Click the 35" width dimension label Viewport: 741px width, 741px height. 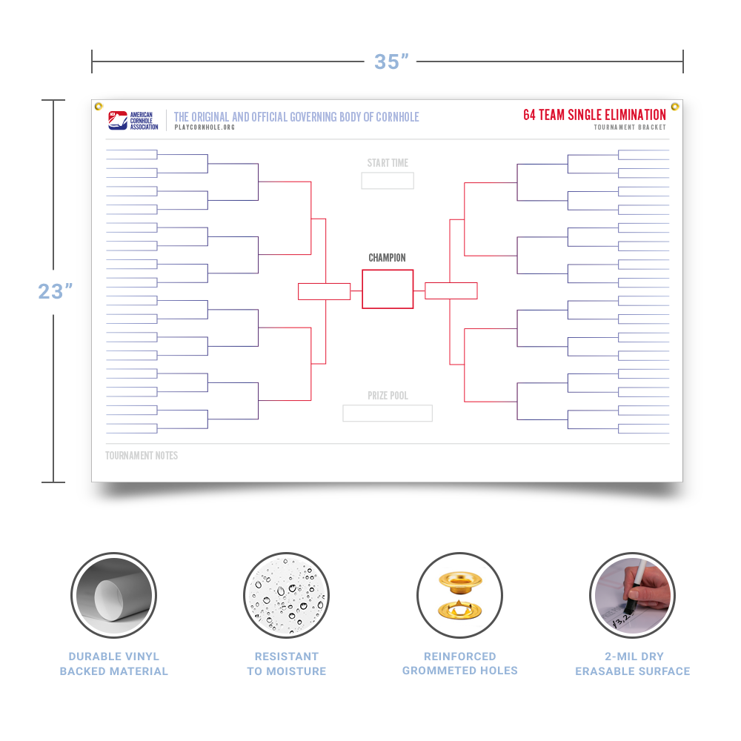click(391, 62)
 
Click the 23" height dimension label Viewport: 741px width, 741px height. click(56, 291)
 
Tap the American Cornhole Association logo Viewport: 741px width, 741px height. click(133, 121)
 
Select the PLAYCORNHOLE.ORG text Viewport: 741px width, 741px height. click(205, 127)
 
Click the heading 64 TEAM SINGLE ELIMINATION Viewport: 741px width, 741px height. click(594, 115)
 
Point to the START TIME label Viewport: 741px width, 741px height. click(388, 163)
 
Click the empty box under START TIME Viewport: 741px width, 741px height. click(388, 181)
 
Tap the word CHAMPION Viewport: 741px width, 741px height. click(387, 258)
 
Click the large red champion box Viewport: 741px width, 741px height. click(388, 270)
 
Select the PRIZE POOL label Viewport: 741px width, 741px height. click(388, 396)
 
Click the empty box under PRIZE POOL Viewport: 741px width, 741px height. click(388, 413)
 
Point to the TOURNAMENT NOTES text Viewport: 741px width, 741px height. click(142, 456)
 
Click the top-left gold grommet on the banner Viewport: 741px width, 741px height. click(99, 106)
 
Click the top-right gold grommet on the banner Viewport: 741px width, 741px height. click(675, 106)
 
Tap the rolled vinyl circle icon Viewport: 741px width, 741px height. click(114, 595)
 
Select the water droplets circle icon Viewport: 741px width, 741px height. click(286, 595)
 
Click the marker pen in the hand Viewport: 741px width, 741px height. click(635, 588)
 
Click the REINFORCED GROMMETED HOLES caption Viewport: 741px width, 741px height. click(460, 663)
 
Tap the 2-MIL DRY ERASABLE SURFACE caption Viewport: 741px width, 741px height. click(633, 663)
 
